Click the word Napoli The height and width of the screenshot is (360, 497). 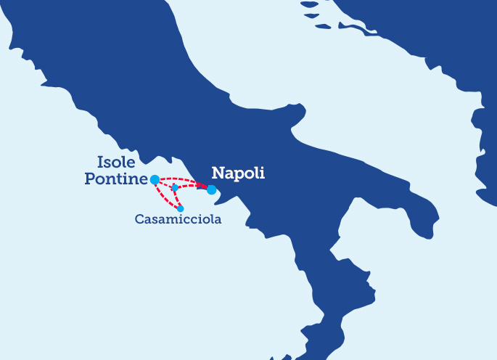237,173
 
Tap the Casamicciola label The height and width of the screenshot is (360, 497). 178,218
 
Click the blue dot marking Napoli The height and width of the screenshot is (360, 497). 211,190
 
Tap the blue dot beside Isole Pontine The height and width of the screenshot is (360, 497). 155,179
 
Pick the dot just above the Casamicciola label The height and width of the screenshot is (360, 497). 181,208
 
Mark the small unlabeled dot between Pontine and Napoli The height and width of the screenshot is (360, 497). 175,187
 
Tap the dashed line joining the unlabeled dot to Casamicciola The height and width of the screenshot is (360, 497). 178,198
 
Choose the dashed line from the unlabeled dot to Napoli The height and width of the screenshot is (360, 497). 192,186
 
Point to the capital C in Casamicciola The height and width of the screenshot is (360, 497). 139,218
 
